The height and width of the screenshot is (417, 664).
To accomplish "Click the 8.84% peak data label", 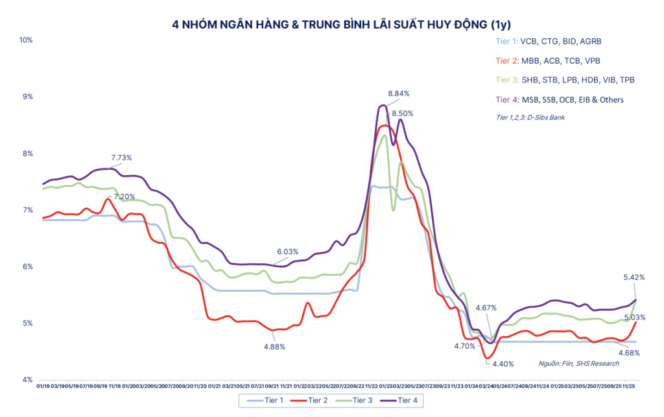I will click(399, 93).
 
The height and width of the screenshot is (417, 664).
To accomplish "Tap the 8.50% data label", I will click(402, 113).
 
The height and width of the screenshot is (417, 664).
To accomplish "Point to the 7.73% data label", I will click(121, 158).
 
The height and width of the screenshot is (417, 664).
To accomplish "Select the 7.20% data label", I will click(124, 197).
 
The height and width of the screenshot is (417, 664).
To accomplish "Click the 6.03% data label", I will click(289, 252).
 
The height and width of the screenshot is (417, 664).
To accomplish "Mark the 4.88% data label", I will click(274, 347).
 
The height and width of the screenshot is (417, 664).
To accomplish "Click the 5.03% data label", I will click(633, 317).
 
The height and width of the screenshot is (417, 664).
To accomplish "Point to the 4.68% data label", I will click(629, 353).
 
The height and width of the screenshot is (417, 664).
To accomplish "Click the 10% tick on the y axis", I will click(26, 40).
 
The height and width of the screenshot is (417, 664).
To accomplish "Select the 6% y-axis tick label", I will click(28, 267).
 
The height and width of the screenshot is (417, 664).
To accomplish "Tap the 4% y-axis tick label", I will click(28, 380).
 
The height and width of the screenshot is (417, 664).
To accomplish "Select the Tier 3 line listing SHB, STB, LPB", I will click(564, 80).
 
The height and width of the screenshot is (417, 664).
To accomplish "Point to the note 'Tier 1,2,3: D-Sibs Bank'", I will click(534, 117).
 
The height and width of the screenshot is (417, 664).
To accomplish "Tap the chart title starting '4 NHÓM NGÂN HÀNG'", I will click(332, 26).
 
